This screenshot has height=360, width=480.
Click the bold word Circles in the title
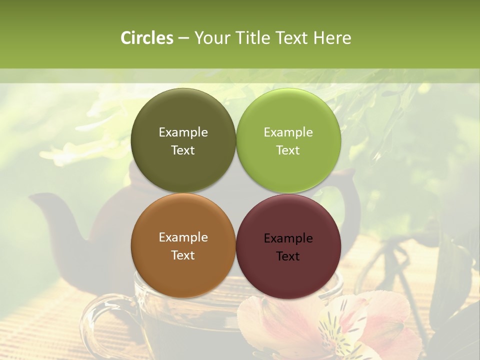147,38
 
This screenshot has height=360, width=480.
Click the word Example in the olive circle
183,132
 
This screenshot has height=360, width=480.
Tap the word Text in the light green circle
288,150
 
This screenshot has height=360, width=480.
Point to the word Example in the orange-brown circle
183,237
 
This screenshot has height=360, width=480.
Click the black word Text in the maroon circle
288,256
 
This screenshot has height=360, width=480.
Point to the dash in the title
183,38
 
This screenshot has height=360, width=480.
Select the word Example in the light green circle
288,132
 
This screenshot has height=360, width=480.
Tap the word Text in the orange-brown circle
183,255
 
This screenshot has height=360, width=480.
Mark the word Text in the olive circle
183,150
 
